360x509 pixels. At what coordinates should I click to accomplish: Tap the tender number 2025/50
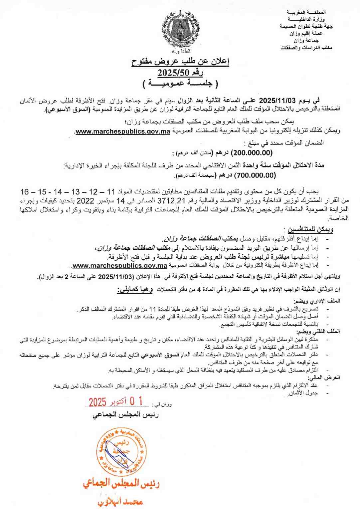tap(180, 73)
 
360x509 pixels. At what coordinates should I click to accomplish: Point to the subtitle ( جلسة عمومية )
tap(180, 84)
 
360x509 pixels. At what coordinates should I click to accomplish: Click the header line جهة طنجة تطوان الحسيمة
tap(306, 26)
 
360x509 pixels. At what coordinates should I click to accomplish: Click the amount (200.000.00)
tap(252, 152)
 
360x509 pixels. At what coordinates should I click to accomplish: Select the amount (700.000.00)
tap(255, 175)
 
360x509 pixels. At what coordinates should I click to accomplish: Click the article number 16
tap(25, 192)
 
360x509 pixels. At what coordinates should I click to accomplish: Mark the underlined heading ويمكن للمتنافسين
tap(310, 229)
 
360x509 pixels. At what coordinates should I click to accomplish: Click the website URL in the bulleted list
tap(119, 266)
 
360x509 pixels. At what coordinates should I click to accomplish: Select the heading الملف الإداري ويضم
tap(316, 301)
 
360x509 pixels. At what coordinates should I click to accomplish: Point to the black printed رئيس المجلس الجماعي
tap(125, 415)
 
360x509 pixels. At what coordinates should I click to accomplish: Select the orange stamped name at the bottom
tap(120, 501)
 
